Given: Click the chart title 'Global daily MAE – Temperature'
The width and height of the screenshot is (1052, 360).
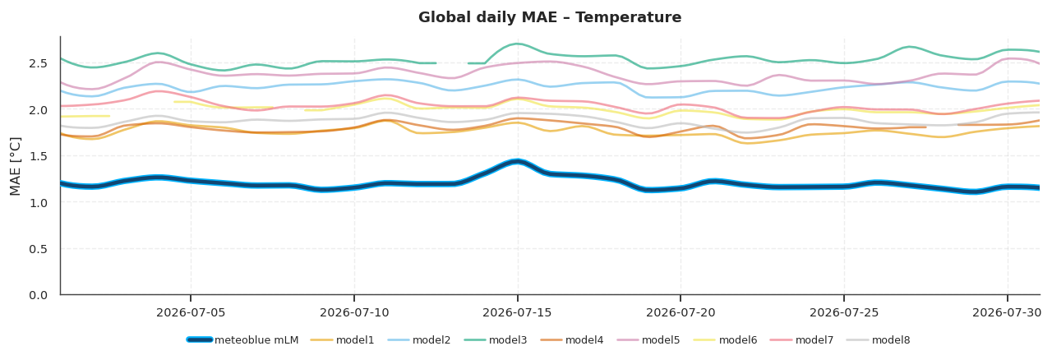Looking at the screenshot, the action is pyautogui.click(x=550, y=17).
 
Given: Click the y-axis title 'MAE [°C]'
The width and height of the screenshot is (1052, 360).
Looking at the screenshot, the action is pyautogui.click(x=15, y=166).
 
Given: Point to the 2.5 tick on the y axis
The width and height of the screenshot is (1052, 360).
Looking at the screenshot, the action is pyautogui.click(x=38, y=63).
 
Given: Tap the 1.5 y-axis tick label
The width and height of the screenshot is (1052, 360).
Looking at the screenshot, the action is pyautogui.click(x=38, y=156).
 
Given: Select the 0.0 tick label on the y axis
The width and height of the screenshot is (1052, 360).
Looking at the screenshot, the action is pyautogui.click(x=38, y=295).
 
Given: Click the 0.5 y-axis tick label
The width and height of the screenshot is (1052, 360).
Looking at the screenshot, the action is pyautogui.click(x=38, y=248).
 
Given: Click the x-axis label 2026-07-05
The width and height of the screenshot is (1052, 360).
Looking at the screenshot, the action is pyautogui.click(x=191, y=312).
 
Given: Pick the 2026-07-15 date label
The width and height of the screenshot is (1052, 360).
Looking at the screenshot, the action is pyautogui.click(x=518, y=312).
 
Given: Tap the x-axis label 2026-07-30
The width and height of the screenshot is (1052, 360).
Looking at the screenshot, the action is pyautogui.click(x=1007, y=312).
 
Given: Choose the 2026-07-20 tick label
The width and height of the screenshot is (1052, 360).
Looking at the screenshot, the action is pyautogui.click(x=681, y=312).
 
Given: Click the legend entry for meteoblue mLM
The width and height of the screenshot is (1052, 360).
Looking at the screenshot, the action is pyautogui.click(x=242, y=339).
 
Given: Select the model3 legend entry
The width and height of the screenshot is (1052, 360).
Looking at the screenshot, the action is pyautogui.click(x=496, y=339).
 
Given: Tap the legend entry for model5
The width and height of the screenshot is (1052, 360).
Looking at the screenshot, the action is pyautogui.click(x=648, y=339).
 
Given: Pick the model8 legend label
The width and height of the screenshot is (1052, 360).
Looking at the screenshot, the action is pyautogui.click(x=879, y=339).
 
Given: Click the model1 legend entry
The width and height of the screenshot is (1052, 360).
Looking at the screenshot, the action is pyautogui.click(x=343, y=339).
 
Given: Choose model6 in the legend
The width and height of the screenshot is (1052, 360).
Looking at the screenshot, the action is pyautogui.click(x=726, y=339).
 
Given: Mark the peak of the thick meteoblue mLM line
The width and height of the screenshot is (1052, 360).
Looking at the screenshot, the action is pyautogui.click(x=518, y=162).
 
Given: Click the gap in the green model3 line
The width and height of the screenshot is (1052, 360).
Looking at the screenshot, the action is pyautogui.click(x=452, y=63).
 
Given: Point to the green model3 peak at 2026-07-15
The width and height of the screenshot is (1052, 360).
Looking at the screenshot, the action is pyautogui.click(x=517, y=44).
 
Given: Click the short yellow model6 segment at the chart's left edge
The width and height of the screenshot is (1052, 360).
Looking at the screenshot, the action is pyautogui.click(x=85, y=116).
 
